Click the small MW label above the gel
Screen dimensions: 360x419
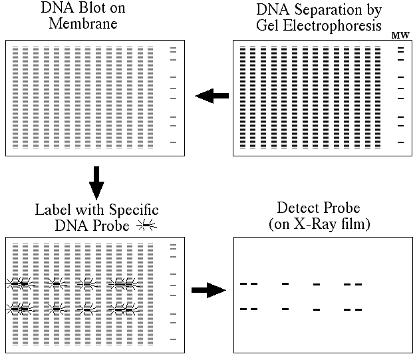pos(400,35)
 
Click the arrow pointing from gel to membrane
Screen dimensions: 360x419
pos(212,96)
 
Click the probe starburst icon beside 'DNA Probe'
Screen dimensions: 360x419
pos(146,226)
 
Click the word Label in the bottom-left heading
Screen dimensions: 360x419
pos(53,210)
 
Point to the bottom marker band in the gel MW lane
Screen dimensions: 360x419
pos(400,142)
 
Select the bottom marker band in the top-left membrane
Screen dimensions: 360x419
pos(173,142)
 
